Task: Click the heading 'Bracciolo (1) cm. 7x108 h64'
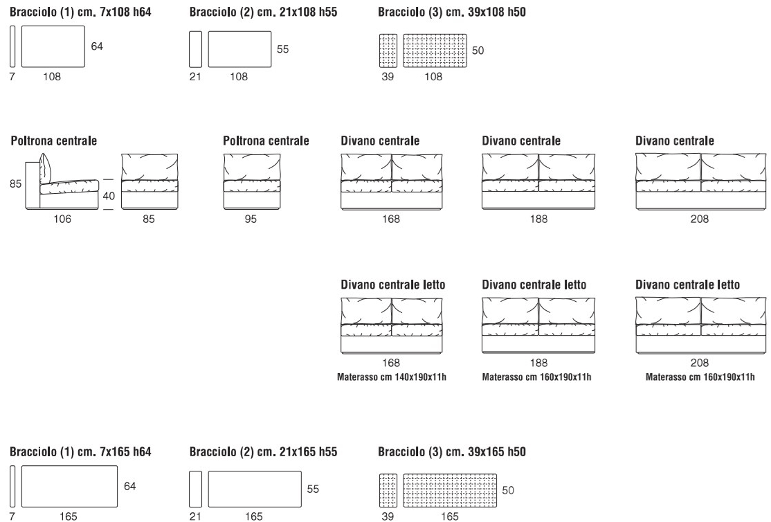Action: click(x=80, y=12)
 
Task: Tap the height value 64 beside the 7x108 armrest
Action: click(x=96, y=46)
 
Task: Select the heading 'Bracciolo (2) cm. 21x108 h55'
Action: click(x=263, y=12)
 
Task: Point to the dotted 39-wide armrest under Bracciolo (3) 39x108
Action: click(x=389, y=50)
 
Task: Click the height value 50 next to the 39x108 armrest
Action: click(x=478, y=51)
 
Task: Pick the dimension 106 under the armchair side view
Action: click(x=62, y=219)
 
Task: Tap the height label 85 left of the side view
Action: click(x=14, y=184)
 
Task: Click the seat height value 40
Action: click(x=108, y=196)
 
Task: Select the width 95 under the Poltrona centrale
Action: click(x=252, y=219)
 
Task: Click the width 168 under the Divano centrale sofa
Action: click(x=390, y=219)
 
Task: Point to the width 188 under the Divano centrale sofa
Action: click(x=538, y=219)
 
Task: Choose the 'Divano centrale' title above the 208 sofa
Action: click(x=674, y=141)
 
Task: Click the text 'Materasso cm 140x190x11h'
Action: click(x=391, y=377)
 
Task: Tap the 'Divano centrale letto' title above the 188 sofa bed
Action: click(x=534, y=285)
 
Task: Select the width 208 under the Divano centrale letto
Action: click(x=699, y=363)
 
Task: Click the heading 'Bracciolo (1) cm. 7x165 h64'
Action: click(x=80, y=452)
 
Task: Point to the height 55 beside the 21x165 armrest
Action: click(x=313, y=488)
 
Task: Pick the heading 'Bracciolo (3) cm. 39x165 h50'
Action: click(x=452, y=452)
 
